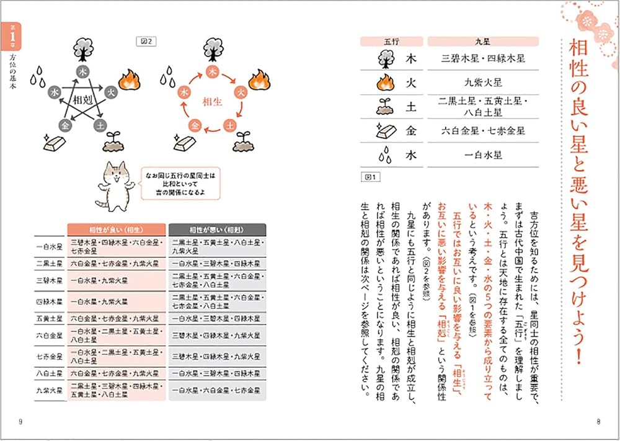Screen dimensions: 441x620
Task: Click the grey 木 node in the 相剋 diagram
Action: click(83, 71)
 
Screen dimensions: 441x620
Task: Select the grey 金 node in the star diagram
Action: click(64, 125)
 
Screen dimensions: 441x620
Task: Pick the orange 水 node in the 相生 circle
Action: click(184, 92)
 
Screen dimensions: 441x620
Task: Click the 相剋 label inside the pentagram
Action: click(83, 99)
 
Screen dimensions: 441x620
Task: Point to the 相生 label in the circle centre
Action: click(211, 101)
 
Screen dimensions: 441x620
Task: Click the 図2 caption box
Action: click(148, 42)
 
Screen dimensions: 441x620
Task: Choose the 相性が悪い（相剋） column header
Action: click(217, 229)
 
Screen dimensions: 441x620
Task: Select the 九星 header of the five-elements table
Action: click(482, 42)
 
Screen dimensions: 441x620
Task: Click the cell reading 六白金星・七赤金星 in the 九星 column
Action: click(482, 131)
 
